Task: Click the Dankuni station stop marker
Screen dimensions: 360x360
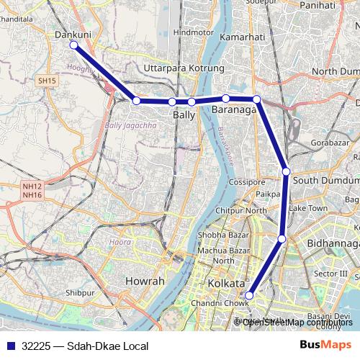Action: (x=73, y=45)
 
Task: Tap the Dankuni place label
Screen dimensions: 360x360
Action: (x=72, y=33)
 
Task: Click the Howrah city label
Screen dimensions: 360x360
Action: (x=145, y=281)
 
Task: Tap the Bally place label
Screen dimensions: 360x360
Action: (x=184, y=114)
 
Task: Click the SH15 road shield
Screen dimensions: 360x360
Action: (x=48, y=81)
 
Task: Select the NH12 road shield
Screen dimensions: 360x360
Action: (x=32, y=186)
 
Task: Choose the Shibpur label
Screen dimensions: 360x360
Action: (x=80, y=294)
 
